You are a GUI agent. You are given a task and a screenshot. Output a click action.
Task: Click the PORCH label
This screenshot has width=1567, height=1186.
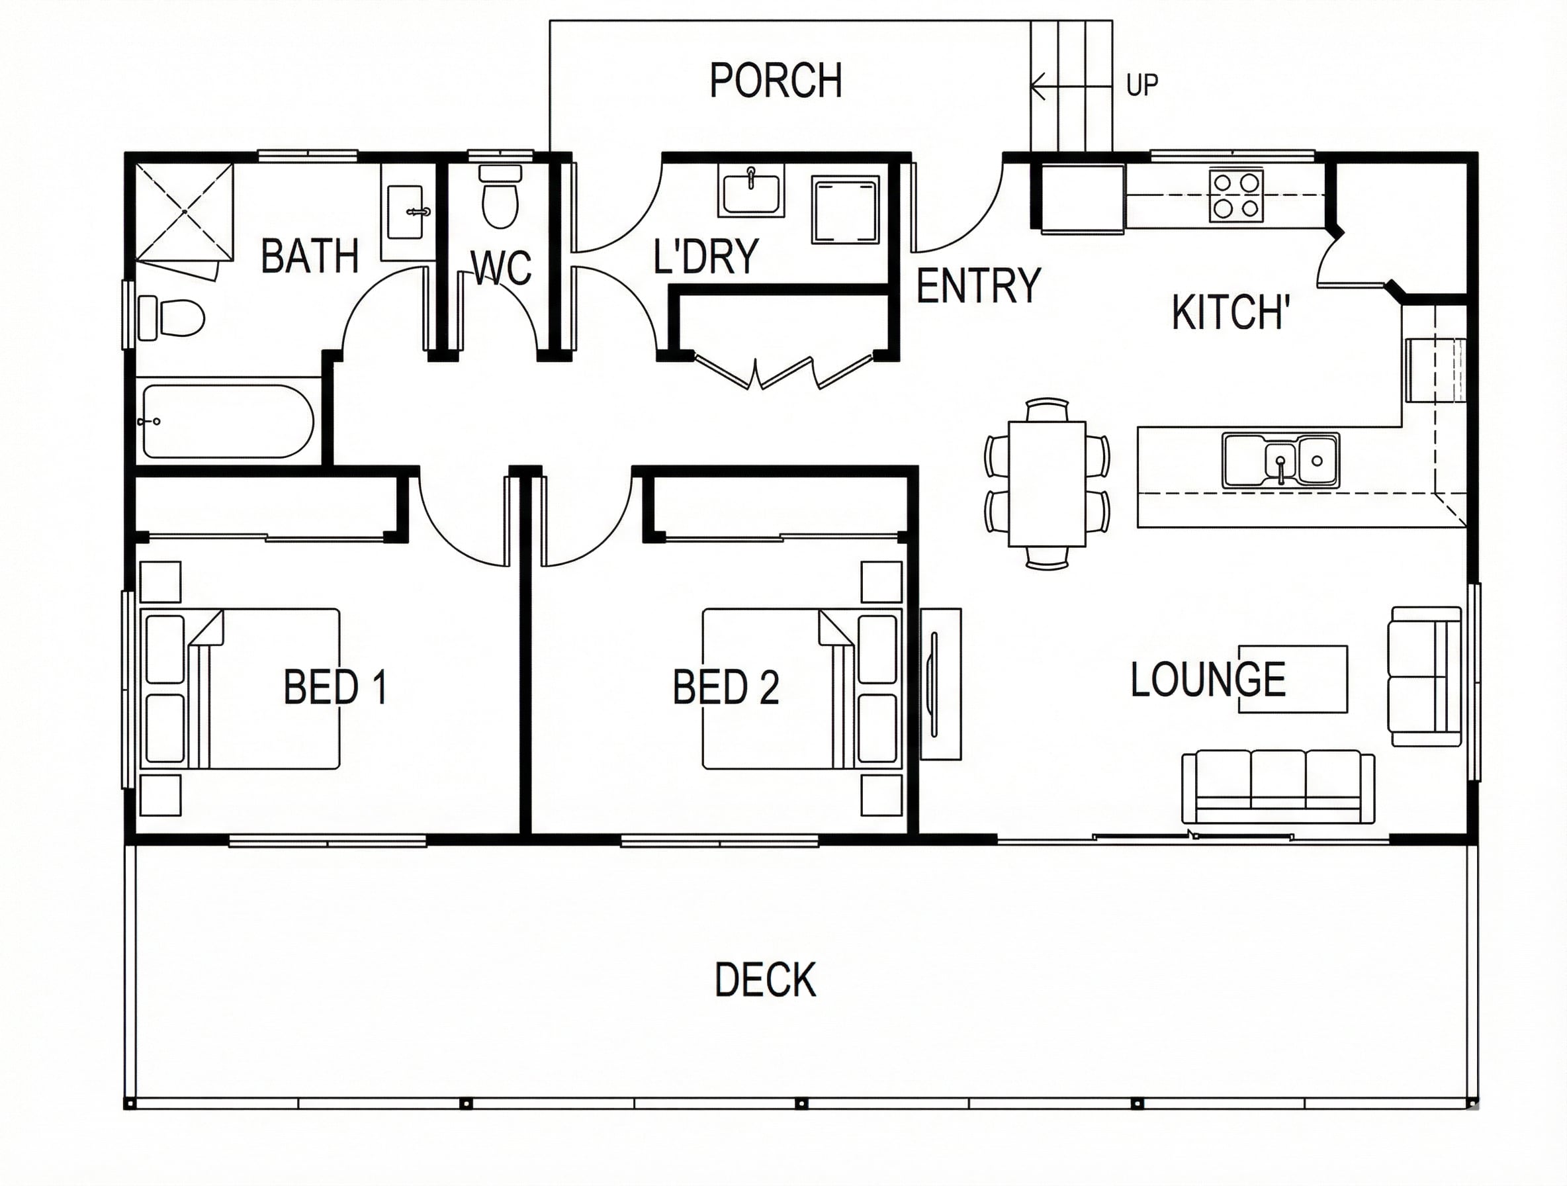[776, 80]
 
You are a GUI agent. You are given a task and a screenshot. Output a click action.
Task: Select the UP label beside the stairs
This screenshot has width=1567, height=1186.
[1142, 85]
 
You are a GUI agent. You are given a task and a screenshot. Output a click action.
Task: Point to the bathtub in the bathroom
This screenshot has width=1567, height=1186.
[228, 421]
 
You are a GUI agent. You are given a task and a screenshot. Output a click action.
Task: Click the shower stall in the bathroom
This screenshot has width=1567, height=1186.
[184, 212]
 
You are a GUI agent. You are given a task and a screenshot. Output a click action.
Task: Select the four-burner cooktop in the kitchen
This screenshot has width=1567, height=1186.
[1235, 195]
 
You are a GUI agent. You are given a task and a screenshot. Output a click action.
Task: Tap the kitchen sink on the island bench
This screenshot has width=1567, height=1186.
[1280, 461]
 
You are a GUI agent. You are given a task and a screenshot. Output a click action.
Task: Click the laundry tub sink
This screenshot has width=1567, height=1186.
[751, 189]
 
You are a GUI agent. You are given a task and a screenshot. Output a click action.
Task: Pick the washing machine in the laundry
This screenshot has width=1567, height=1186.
[846, 210]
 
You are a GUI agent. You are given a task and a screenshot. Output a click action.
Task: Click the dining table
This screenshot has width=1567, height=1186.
[1047, 484]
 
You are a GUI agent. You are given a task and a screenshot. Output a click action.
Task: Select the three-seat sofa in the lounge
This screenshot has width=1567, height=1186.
[1278, 787]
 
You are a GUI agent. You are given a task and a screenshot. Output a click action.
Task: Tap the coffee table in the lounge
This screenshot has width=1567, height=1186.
[1293, 679]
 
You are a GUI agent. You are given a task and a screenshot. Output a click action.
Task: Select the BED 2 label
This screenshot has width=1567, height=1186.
[726, 686]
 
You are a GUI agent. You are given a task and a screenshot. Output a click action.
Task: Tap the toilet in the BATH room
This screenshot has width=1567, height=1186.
[171, 317]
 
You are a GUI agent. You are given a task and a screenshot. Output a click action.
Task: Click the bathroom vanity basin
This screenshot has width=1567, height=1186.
[408, 212]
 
